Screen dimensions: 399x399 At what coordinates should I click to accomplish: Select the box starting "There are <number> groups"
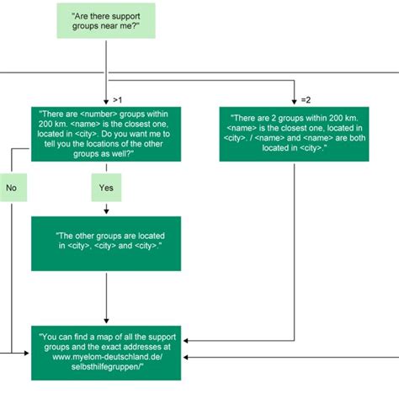click(106, 131)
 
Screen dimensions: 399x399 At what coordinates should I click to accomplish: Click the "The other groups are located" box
click(106, 243)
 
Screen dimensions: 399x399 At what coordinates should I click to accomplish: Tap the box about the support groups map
click(106, 352)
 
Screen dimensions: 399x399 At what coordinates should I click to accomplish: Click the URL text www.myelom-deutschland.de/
click(106, 357)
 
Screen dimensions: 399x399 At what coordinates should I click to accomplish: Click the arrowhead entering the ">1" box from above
click(106, 100)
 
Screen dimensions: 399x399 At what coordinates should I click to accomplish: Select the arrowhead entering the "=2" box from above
click(293, 100)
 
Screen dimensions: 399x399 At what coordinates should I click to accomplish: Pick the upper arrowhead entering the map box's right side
click(186, 339)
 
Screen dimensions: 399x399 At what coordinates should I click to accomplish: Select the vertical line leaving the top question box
click(106, 59)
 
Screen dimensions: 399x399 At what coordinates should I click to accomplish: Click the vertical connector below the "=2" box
click(293, 244)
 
